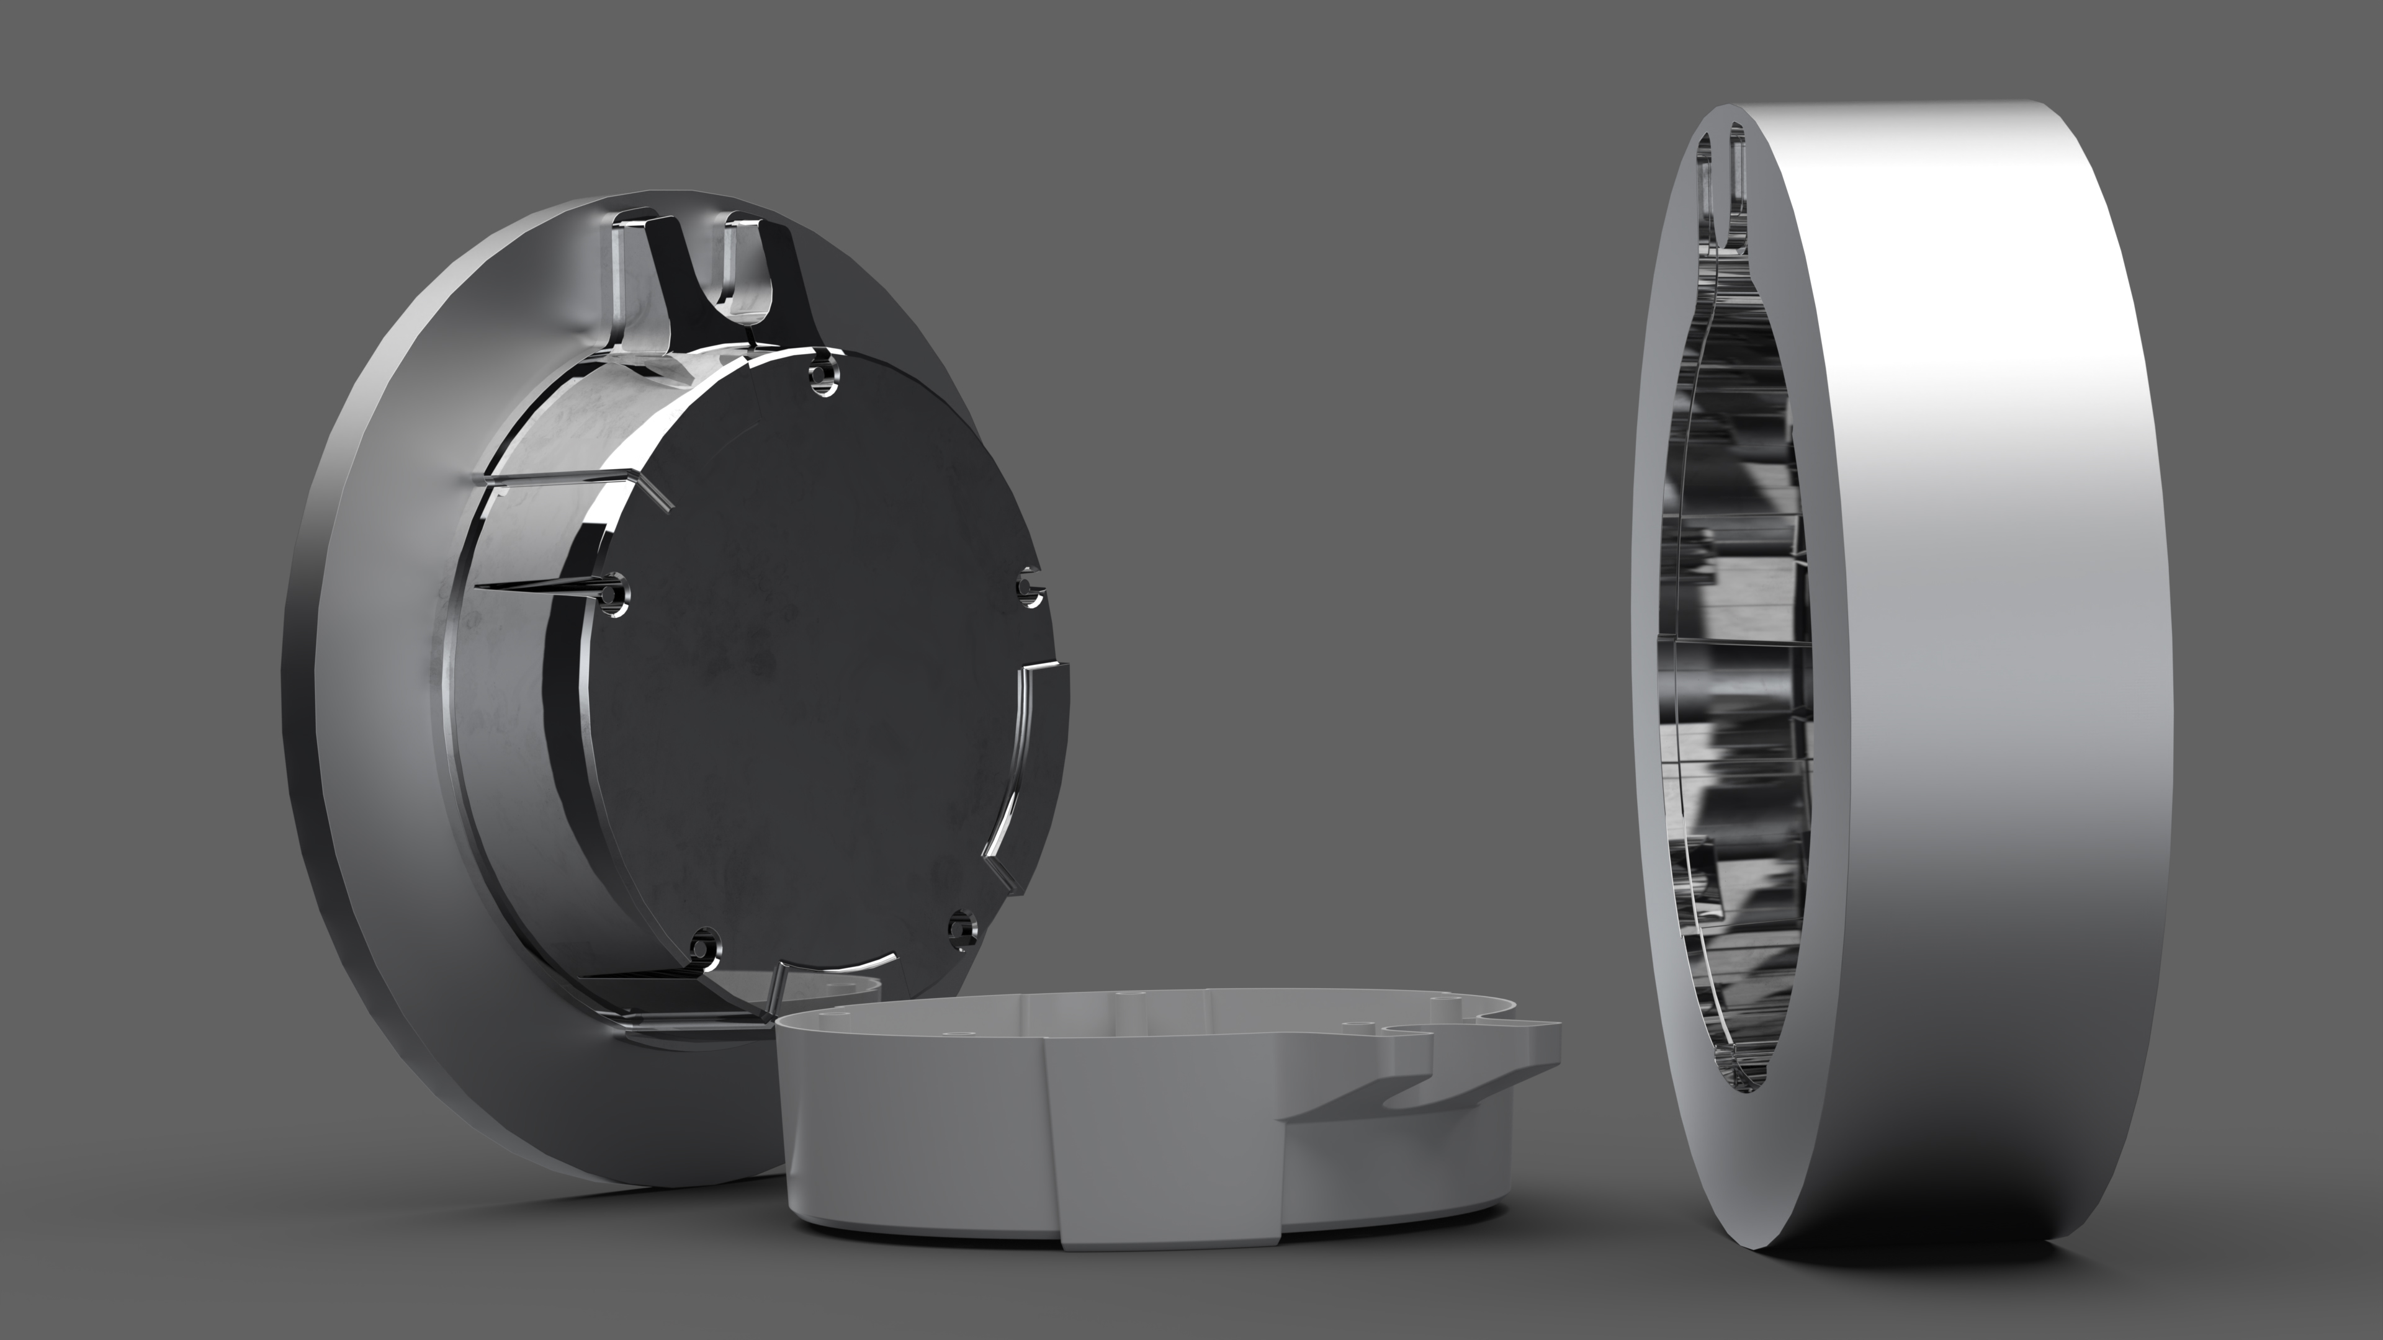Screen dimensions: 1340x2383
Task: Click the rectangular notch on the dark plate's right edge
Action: click(1041, 731)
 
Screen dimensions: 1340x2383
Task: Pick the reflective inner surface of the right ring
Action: click(1739, 647)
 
